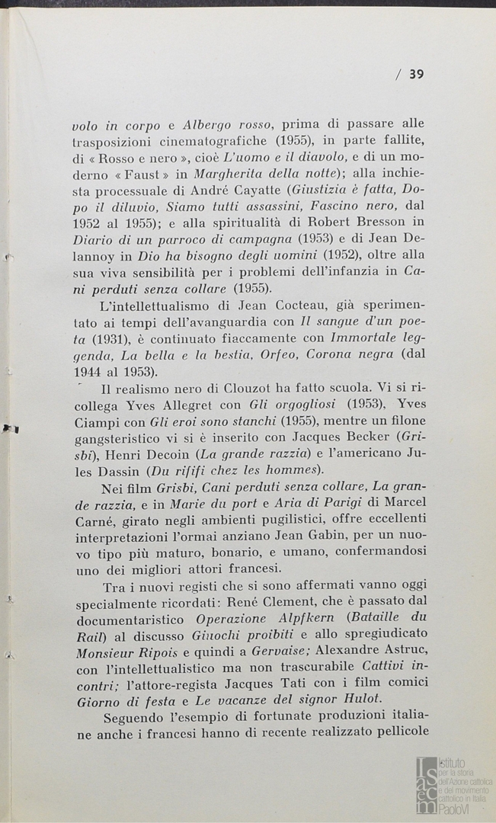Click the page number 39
tap(416, 74)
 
